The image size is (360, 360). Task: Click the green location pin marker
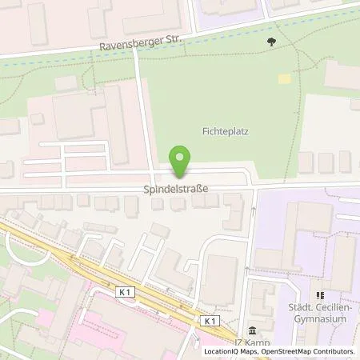(182, 161)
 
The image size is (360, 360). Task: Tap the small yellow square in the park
(283, 78)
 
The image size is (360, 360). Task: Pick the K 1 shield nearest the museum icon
(211, 321)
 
